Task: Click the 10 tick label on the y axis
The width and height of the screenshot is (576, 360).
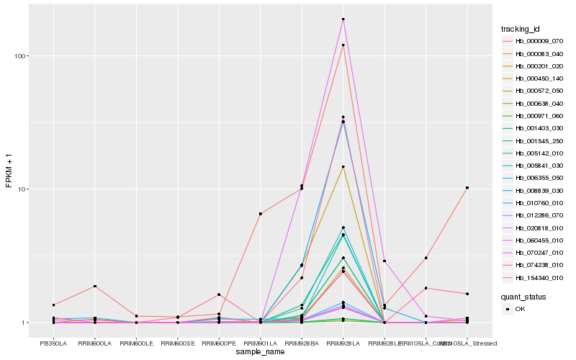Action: [x=22, y=189]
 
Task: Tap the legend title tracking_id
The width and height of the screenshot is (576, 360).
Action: [x=520, y=29]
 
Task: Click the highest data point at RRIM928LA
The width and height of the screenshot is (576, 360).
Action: [x=343, y=19]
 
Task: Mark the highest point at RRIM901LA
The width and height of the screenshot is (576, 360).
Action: [x=260, y=214]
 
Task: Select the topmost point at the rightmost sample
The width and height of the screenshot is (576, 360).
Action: [x=467, y=188]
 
